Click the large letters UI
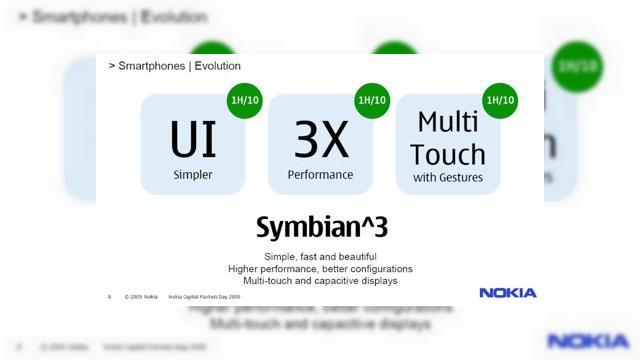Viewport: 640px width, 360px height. click(x=193, y=139)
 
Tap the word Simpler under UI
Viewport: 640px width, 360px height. click(x=193, y=175)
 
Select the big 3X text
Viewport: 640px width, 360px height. click(x=321, y=139)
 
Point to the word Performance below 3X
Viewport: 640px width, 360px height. click(x=321, y=174)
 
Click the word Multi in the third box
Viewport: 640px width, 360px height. click(x=448, y=122)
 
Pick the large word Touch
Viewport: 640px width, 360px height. click(x=448, y=154)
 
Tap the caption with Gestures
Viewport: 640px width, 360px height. click(x=448, y=178)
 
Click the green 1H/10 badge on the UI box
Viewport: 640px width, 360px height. click(x=244, y=100)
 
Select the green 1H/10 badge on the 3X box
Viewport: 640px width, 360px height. click(x=372, y=100)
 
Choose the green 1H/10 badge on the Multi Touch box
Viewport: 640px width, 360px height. click(x=500, y=100)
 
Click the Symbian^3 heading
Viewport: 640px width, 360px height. click(x=321, y=227)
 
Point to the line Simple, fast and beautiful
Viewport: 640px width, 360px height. click(x=320, y=256)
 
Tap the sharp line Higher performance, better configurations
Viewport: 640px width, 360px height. click(x=320, y=269)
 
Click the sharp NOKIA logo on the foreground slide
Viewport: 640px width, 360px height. click(x=507, y=293)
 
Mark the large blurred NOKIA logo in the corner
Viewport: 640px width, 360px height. click(x=588, y=341)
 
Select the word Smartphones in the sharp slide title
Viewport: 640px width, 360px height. click(x=151, y=66)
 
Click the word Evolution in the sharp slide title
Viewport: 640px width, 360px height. click(x=215, y=66)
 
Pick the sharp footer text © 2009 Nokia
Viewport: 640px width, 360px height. click(x=141, y=297)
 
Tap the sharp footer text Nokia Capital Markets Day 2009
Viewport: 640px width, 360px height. click(x=205, y=297)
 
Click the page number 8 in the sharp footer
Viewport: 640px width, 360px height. click(x=109, y=297)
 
